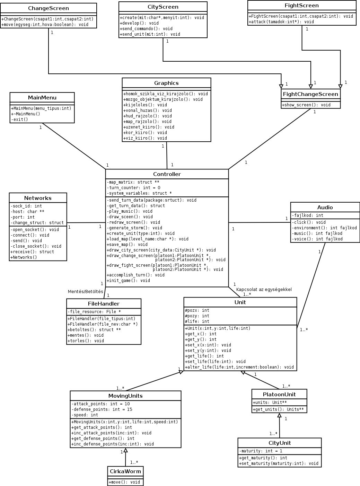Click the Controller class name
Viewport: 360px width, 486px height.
pos(167,174)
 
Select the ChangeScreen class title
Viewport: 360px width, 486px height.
pos(48,8)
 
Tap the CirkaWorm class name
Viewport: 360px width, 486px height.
pos(125,471)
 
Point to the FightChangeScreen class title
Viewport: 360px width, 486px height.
pos(310,94)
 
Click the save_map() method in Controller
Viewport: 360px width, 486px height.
pos(127,245)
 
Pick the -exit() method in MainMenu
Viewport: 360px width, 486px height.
pos(20,120)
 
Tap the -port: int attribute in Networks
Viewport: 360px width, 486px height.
pos(23,217)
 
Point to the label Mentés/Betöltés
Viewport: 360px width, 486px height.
pos(85,292)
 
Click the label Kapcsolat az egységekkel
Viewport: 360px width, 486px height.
pos(264,290)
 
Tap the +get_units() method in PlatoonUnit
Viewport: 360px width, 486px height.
pos(279,409)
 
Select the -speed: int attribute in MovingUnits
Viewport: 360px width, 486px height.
pos(85,415)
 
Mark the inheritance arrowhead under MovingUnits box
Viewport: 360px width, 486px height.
pos(126,450)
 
